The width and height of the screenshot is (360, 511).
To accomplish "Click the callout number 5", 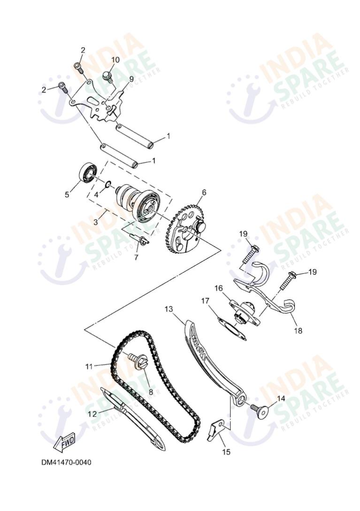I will pyautogui.click(x=67, y=194).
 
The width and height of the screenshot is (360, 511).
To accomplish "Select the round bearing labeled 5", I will pyautogui.click(x=88, y=172).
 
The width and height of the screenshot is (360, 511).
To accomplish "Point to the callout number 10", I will pyautogui.click(x=115, y=60).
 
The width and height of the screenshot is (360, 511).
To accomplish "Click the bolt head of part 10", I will pyautogui.click(x=107, y=75).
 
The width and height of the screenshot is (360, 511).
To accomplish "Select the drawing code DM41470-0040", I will pyautogui.click(x=66, y=463).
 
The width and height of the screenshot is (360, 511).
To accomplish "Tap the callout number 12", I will pyautogui.click(x=92, y=414).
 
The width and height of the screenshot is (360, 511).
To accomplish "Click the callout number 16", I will pyautogui.click(x=219, y=288).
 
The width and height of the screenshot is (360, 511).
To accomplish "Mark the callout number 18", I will pyautogui.click(x=298, y=331).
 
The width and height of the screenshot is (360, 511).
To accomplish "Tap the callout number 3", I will pyautogui.click(x=95, y=221).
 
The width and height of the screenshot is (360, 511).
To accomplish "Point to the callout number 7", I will pyautogui.click(x=137, y=258).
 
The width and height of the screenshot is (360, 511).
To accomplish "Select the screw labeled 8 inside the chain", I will pyautogui.click(x=138, y=361).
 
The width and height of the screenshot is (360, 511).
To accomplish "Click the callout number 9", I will pyautogui.click(x=131, y=78).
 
